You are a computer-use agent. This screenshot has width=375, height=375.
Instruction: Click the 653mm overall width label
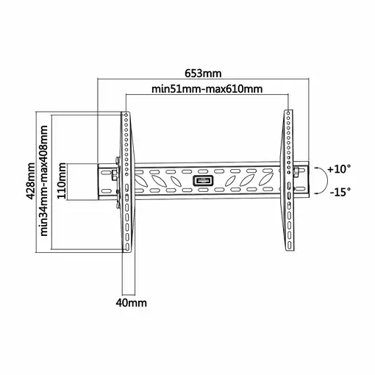(203, 74)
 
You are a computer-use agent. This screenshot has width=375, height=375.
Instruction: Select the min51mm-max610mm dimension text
(207, 89)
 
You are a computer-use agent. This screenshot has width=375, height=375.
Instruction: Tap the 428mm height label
(31, 181)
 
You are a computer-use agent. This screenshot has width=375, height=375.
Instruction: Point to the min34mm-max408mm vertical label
(44, 181)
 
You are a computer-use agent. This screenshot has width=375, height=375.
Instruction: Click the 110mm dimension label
(62, 181)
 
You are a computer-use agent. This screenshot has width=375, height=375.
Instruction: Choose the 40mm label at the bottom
(132, 303)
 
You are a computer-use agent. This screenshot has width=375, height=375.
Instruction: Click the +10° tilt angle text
(339, 169)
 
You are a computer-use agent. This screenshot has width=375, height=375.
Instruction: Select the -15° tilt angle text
(340, 191)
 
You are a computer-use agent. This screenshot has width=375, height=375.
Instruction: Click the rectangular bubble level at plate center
(203, 181)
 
